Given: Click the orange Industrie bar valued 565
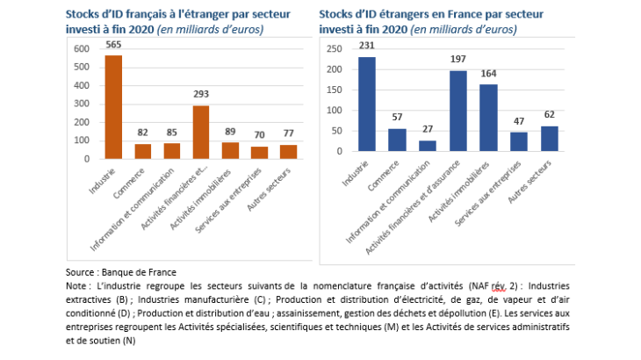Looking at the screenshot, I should tap(113, 107).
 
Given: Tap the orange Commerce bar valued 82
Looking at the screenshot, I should tap(143, 151).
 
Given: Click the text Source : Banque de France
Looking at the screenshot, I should tap(114, 271).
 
